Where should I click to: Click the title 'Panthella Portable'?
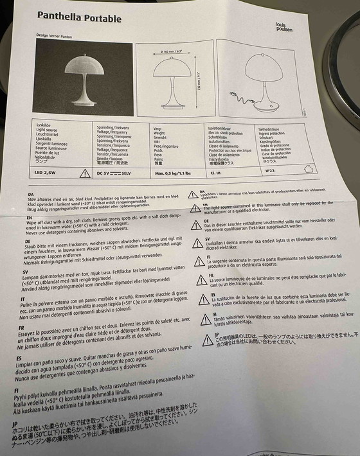tap(80, 17)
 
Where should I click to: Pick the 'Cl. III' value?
tap(216, 172)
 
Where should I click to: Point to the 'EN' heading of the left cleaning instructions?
tap(30, 218)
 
